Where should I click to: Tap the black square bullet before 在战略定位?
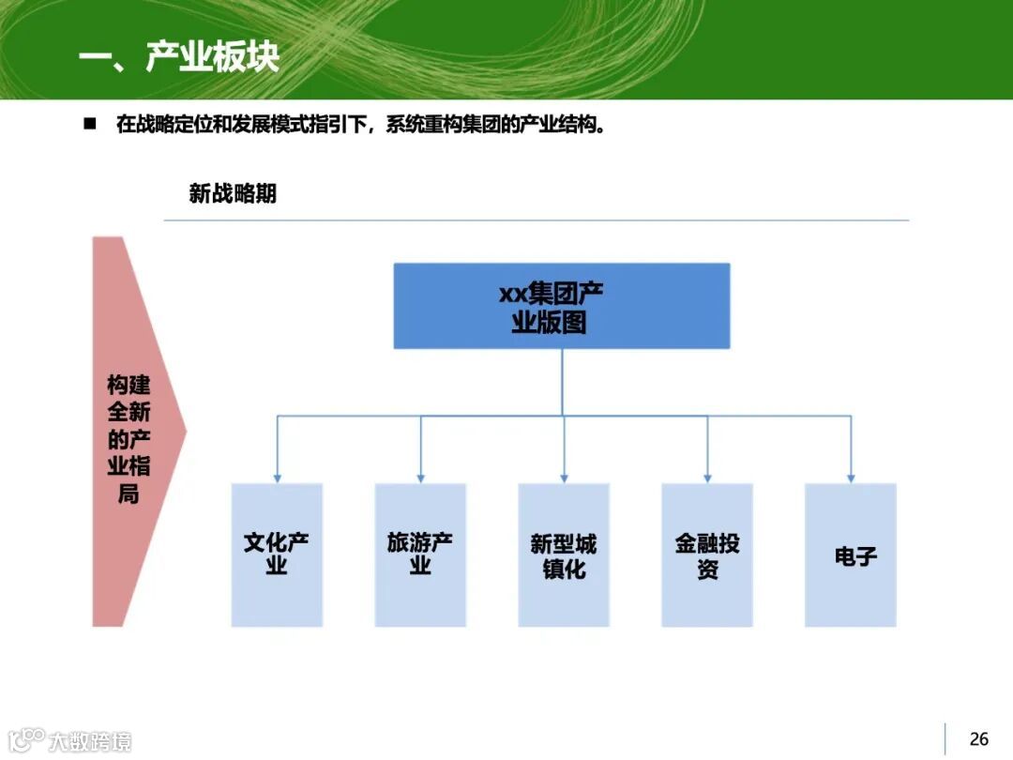pos(91,124)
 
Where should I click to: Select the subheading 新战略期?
pos(233,194)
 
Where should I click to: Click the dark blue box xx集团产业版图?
pos(561,306)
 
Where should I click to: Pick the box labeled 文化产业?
pos(277,555)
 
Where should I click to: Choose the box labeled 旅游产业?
pos(420,555)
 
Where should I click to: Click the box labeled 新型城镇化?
pos(564,555)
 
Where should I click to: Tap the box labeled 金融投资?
pos(707,555)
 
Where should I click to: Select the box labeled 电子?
pos(851,555)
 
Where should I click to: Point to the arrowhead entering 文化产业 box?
pos(277,478)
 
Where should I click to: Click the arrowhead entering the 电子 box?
pos(851,478)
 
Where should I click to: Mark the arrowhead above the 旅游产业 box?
pos(420,478)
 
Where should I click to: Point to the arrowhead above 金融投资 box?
pos(707,478)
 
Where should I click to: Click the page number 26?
pos(978,739)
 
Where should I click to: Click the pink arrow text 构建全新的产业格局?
pos(129,439)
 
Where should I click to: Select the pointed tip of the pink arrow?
pos(184,432)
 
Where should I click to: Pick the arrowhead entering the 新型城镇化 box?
pos(564,478)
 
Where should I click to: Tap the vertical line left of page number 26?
pos(945,739)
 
